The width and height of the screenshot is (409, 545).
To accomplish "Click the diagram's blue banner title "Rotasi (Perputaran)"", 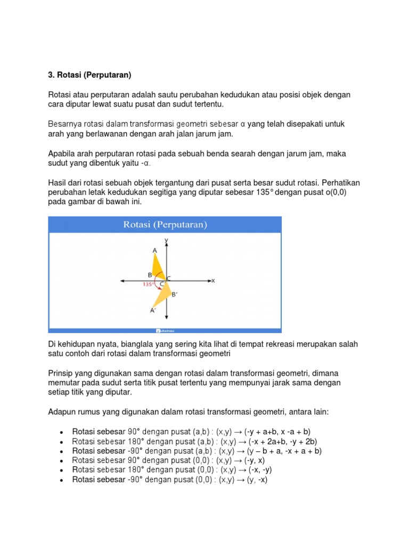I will [x=165, y=225].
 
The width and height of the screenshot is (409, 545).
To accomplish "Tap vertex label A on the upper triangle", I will [x=154, y=250].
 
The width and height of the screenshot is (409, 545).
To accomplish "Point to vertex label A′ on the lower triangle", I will [x=153, y=310].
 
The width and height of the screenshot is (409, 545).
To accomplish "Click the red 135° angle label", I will [x=148, y=284].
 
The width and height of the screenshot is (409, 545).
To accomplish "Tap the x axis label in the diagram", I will [x=213, y=280].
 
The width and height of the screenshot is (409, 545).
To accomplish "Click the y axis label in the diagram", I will [x=167, y=241].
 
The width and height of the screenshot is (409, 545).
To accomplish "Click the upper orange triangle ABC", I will [x=158, y=269].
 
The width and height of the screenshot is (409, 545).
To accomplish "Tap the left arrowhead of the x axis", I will [x=123, y=280].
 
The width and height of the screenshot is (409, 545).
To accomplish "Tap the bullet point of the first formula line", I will [x=62, y=432].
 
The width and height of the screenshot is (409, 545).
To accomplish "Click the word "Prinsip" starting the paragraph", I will [x=61, y=374].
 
